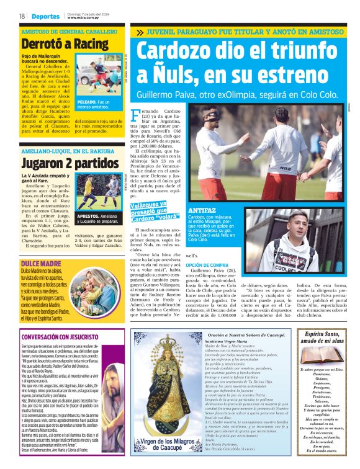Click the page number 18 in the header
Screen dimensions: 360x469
point(22,16)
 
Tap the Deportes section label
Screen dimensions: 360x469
point(45,16)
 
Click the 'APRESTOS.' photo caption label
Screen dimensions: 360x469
point(91,216)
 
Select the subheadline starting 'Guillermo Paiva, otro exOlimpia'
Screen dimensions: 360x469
point(246,94)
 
